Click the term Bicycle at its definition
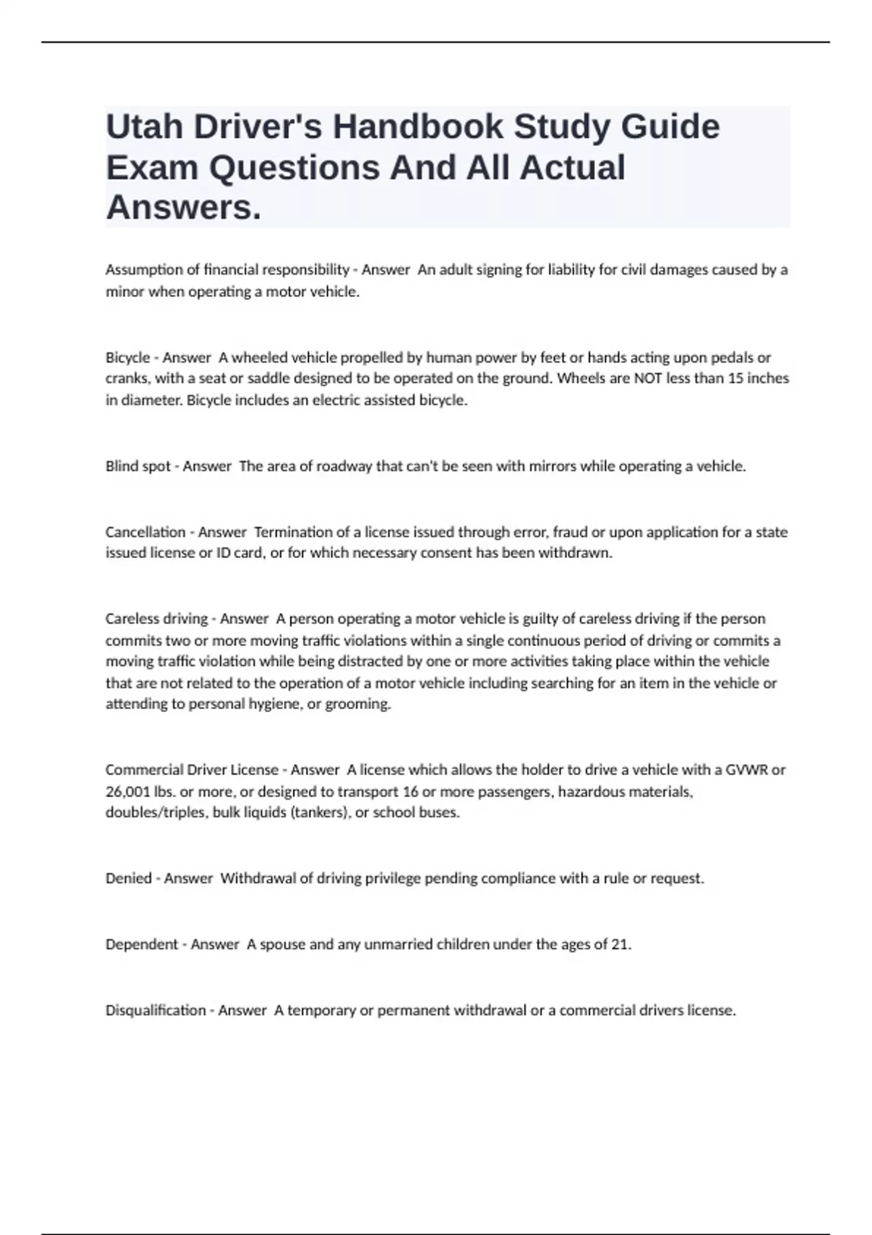(x=127, y=357)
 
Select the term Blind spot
(x=137, y=466)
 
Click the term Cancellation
(x=145, y=532)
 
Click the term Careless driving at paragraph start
(x=156, y=619)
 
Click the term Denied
(x=128, y=878)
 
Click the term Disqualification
(x=156, y=1011)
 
